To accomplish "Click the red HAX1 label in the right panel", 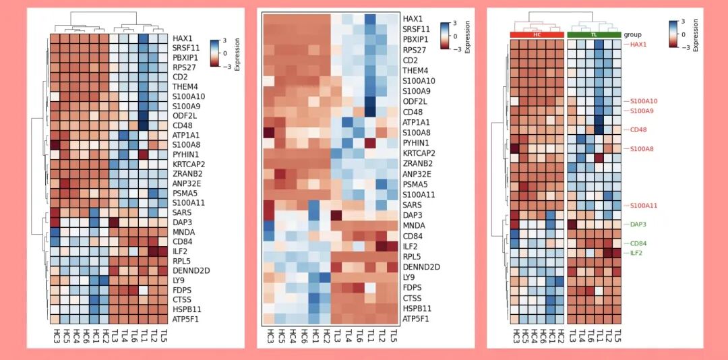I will tap(638, 44).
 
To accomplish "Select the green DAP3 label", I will tap(638, 224).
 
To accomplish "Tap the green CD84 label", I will tap(638, 243).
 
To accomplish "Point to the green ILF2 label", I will tap(636, 253).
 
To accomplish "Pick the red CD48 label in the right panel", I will tap(638, 129).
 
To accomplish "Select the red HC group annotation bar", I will tap(537, 34).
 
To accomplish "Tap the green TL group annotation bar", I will tap(594, 34).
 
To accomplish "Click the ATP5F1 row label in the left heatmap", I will tap(186, 319).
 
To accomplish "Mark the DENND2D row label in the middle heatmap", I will tap(421, 267).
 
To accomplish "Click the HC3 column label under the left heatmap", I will tap(55, 335).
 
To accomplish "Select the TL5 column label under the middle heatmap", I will tap(394, 335).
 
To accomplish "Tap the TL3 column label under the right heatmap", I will tap(572, 335).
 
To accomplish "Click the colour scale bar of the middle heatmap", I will tap(445, 35).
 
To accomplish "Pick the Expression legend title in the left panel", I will tap(237, 55).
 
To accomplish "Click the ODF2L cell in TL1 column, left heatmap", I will tap(143, 115).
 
